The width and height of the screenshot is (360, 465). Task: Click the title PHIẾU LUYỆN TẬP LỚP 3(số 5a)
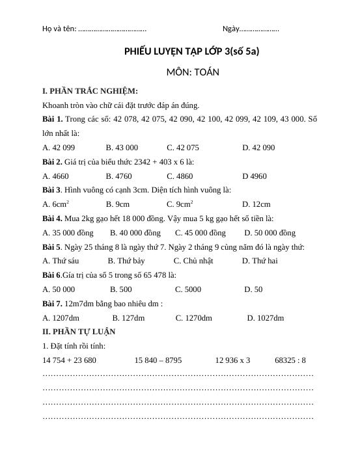(191, 50)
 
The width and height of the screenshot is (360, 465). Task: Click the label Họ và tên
(59, 29)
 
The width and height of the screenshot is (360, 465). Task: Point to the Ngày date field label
(231, 29)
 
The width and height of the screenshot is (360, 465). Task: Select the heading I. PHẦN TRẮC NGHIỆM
(90, 91)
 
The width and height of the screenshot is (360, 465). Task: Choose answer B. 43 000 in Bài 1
(122, 148)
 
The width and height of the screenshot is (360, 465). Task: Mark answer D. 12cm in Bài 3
(256, 204)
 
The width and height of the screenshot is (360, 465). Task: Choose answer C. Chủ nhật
(193, 261)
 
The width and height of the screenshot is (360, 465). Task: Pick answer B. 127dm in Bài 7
(128, 318)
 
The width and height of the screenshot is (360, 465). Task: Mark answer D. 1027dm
(266, 318)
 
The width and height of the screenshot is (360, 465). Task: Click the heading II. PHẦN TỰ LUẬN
(79, 332)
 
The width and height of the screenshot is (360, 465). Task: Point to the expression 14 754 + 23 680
(69, 360)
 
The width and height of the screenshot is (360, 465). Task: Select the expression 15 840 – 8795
(158, 360)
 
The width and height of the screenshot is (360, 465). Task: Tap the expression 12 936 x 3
(232, 360)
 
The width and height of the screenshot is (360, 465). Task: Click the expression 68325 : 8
(290, 360)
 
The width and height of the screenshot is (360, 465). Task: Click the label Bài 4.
(52, 219)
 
